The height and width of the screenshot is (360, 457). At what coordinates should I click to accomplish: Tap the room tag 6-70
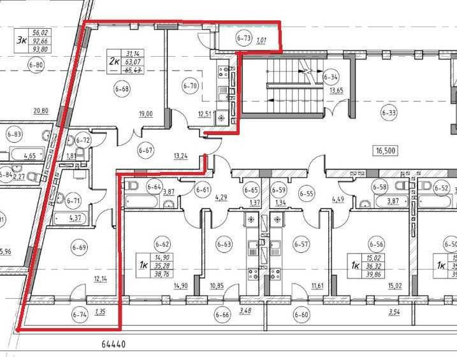189,85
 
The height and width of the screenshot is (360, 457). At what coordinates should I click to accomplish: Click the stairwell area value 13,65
335,90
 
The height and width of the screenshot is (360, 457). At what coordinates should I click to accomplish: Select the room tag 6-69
80,247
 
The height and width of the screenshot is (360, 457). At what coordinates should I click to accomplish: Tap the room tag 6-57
301,243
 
